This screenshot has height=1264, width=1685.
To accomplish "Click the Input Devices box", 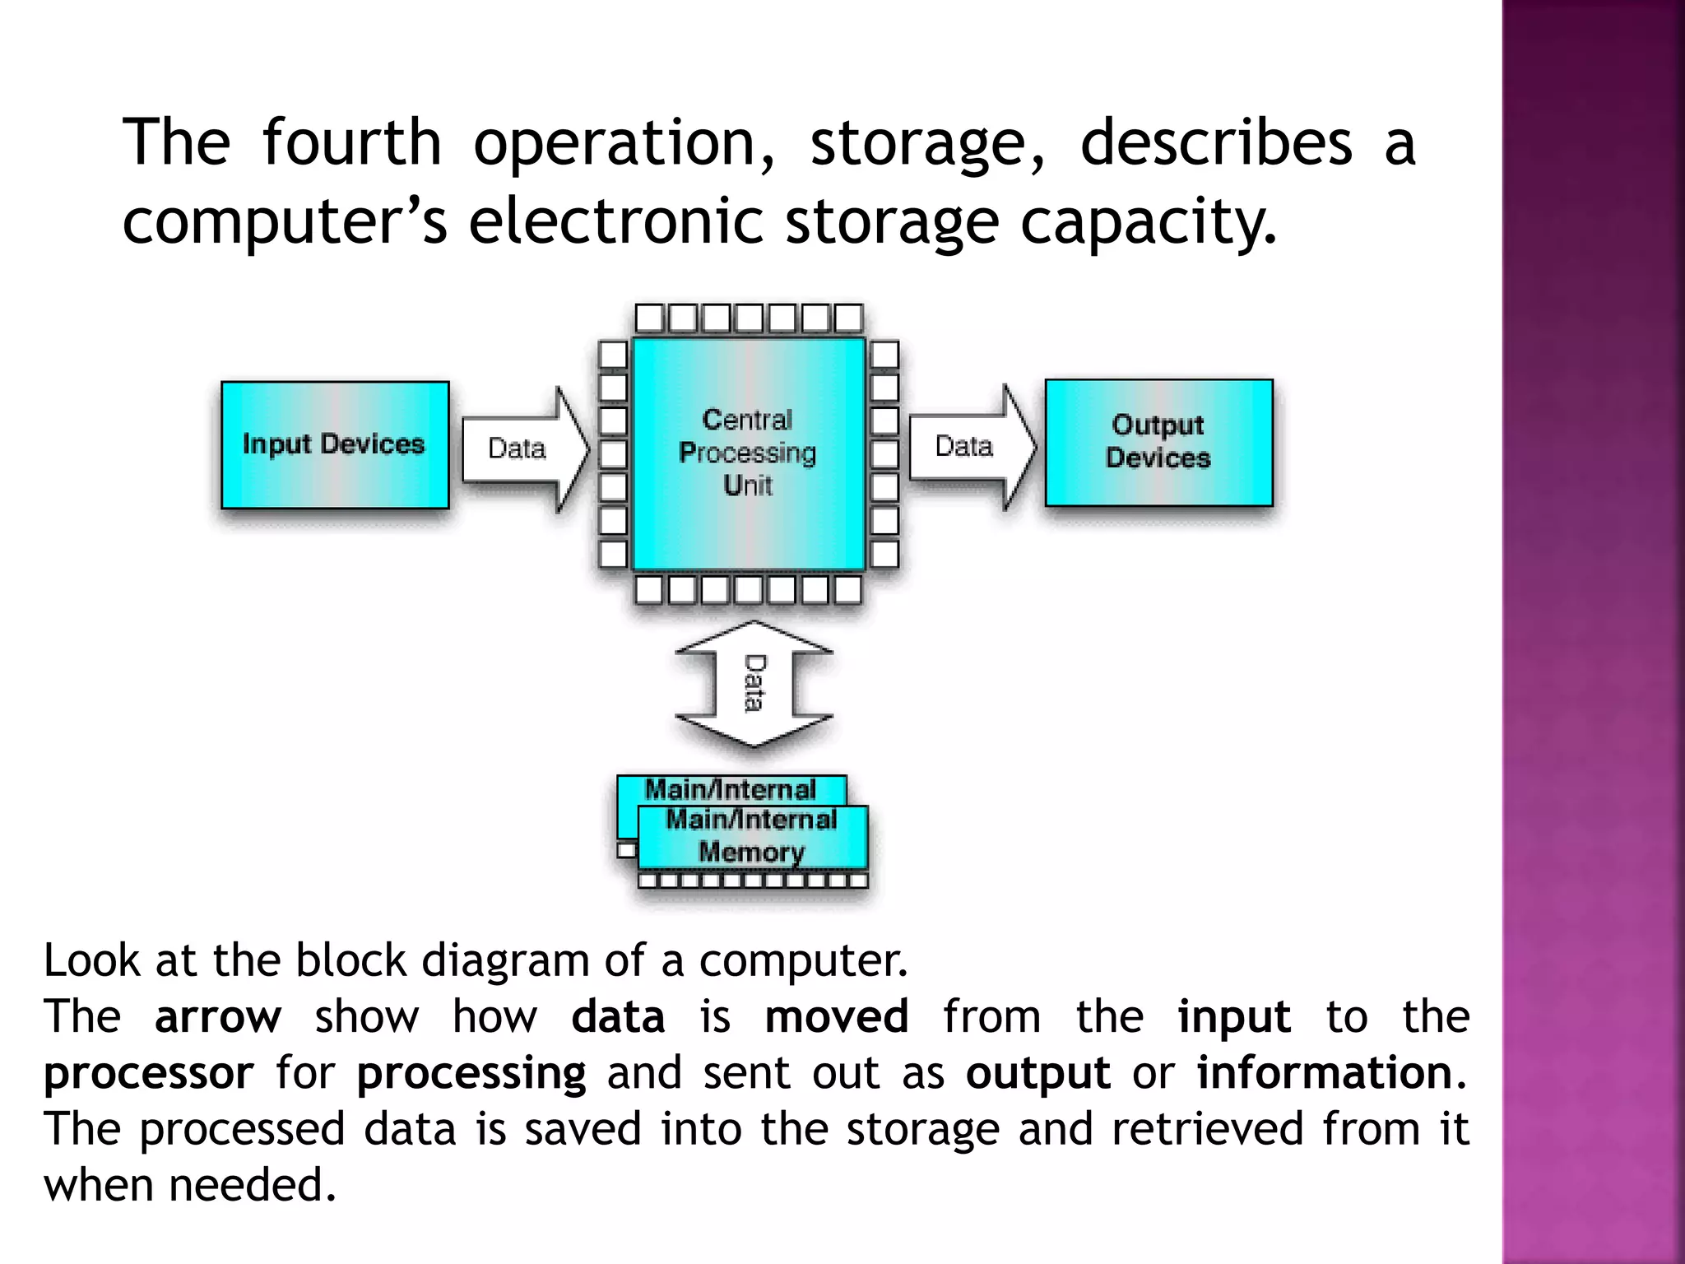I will [335, 444].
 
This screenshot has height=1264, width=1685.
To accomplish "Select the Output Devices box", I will [1158, 442].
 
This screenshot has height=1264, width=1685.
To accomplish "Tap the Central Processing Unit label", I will [747, 453].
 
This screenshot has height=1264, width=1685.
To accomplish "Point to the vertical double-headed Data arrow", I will [754, 683].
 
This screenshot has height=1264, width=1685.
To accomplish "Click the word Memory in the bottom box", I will [751, 852].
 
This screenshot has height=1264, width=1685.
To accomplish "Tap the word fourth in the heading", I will [352, 142].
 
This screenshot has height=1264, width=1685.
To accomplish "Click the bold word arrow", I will [218, 1016].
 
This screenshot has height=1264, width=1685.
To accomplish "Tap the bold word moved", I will [836, 1016].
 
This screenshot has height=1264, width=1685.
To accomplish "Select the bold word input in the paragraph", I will [1233, 1018].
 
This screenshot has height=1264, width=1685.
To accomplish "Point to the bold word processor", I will [149, 1074].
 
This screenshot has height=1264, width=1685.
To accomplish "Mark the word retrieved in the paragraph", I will [1207, 1128].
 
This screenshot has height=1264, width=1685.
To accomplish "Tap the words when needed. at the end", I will [190, 1185].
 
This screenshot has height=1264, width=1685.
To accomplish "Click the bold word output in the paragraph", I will [1037, 1074].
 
